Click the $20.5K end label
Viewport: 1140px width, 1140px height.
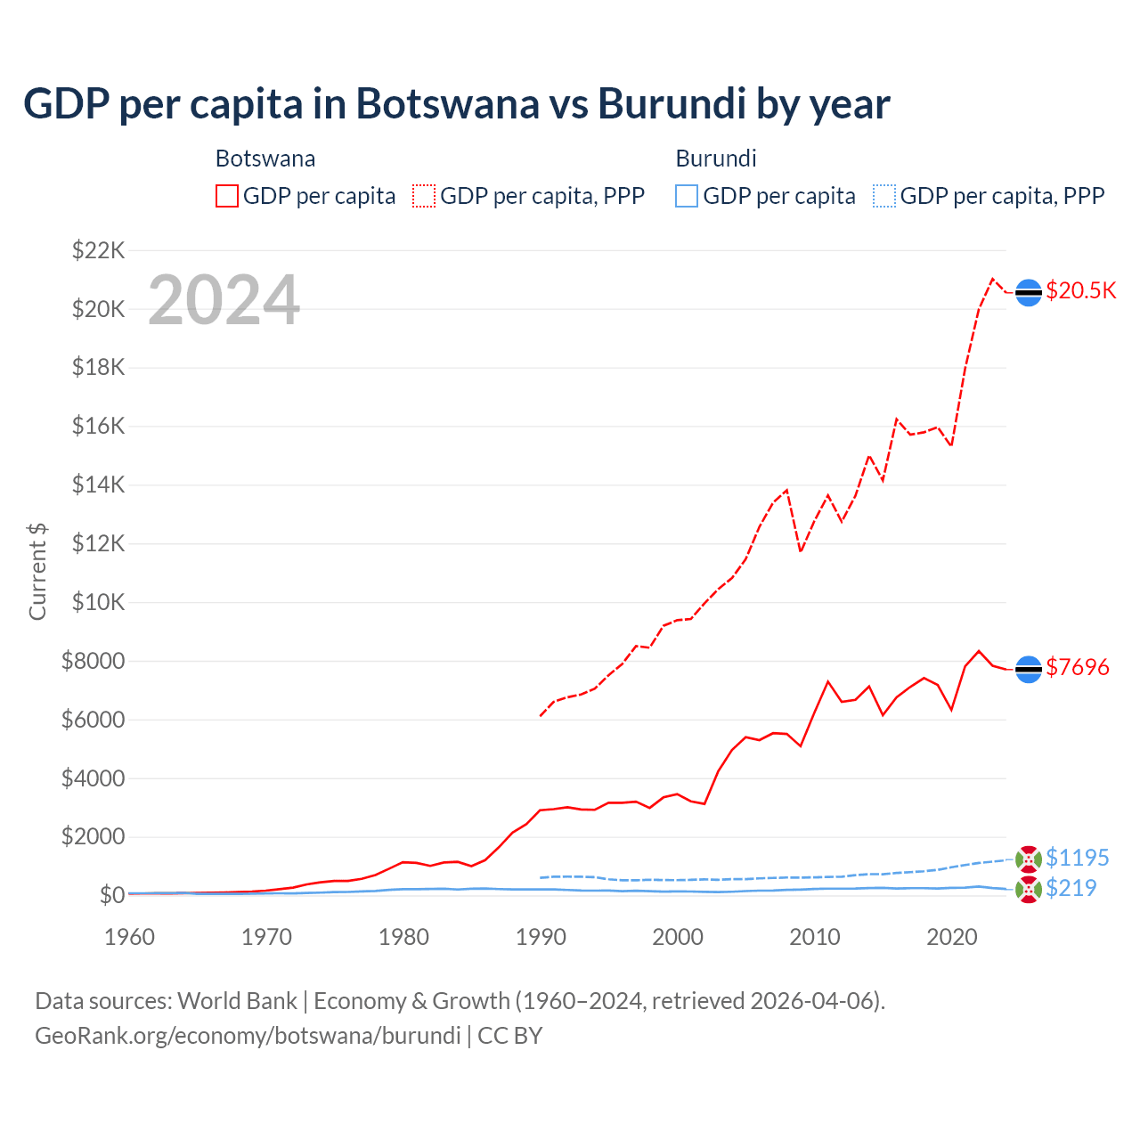pos(1080,291)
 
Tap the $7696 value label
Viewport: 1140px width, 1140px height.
pos(1077,667)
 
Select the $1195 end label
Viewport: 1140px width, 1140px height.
pos(1077,858)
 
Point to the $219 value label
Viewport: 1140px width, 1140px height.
pos(1071,888)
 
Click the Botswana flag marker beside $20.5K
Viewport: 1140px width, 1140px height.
pos(1029,292)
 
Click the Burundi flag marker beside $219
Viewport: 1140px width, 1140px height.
pos(1029,889)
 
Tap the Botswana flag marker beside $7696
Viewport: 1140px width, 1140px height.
pos(1029,669)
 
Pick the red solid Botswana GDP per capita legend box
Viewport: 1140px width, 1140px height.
pos(227,196)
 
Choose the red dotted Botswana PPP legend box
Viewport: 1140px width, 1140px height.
pos(424,196)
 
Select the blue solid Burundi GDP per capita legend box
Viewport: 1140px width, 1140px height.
pos(687,196)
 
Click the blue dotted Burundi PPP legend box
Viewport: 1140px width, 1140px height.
pos(884,196)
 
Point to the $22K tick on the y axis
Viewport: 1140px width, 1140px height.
pos(98,250)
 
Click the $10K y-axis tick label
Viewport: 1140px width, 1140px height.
pos(98,602)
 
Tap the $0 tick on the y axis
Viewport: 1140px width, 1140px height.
pos(111,895)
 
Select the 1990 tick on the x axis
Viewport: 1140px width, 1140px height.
pos(541,937)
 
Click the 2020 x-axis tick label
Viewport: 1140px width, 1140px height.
pos(952,937)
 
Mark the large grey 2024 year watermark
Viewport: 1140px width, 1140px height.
pos(224,300)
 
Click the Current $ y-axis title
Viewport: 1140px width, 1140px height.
pos(37,572)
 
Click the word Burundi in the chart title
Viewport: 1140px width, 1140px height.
pos(672,103)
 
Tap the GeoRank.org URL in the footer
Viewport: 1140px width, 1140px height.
pos(248,1036)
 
